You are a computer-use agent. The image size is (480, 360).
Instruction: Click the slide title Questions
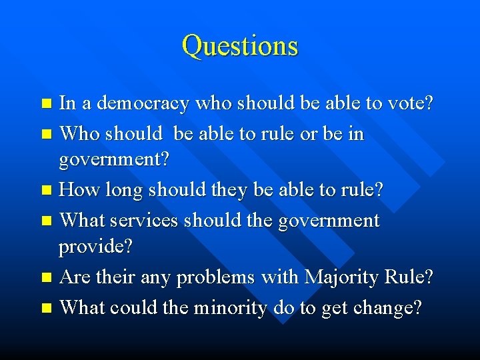click(x=240, y=46)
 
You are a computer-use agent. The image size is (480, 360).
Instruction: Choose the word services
click(x=144, y=221)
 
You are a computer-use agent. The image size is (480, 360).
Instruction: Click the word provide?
click(x=96, y=247)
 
